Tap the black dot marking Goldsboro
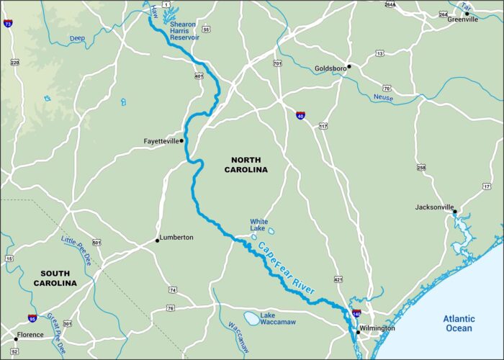pyautogui.click(x=349, y=66)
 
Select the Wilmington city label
pyautogui.click(x=378, y=328)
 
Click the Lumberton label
pyautogui.click(x=177, y=237)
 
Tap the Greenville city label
pyautogui.click(x=462, y=19)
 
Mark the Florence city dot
pyautogui.click(x=16, y=336)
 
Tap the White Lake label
pyautogui.click(x=258, y=225)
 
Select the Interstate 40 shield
pyautogui.click(x=300, y=114)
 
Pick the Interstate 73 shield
pyautogui.click(x=8, y=24)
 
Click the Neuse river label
pyautogui.click(x=384, y=97)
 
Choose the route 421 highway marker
pyautogui.click(x=338, y=278)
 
